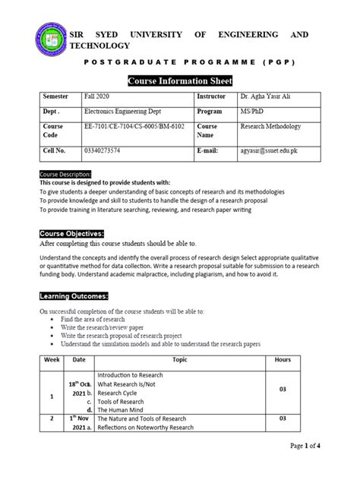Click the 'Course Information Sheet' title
[x=180, y=81]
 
